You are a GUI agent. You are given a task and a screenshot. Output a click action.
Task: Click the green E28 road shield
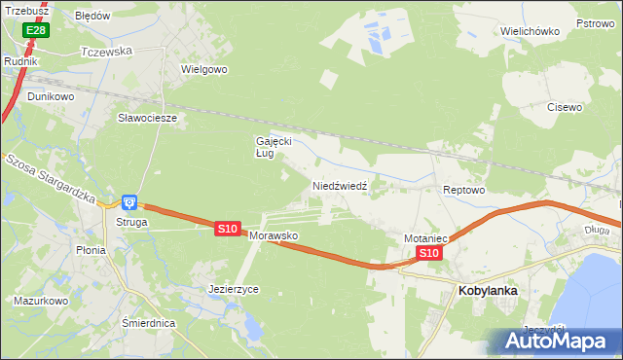point(35,31)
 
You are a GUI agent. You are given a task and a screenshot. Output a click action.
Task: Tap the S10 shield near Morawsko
point(227,228)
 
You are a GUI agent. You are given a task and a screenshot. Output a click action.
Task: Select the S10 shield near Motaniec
point(429,253)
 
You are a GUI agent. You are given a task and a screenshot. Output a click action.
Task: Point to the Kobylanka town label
point(487,290)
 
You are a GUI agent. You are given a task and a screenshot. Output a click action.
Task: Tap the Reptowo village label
point(463,190)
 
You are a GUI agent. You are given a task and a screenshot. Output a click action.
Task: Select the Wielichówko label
point(530,31)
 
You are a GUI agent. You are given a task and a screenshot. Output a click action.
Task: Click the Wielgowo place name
point(203,70)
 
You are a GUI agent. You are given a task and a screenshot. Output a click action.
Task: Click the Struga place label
point(129,222)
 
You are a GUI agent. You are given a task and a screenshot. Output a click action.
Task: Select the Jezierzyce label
point(234,289)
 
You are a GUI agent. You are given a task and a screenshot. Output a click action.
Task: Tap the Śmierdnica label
point(148,322)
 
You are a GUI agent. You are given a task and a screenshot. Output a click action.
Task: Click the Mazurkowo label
point(40,301)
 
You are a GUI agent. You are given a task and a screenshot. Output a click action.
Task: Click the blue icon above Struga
point(129,202)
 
